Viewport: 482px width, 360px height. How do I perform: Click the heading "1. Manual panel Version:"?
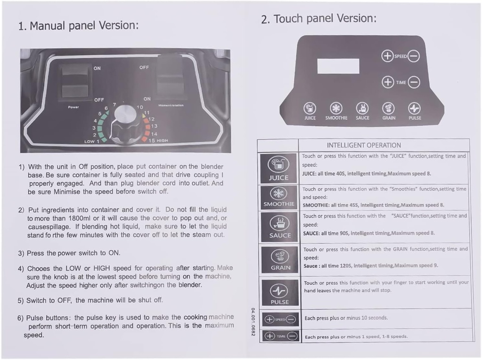click(79, 25)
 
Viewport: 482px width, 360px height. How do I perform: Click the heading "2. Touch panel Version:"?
click(319, 19)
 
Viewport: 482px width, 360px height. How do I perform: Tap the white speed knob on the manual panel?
click(125, 114)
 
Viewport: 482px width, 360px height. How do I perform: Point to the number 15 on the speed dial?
click(152, 141)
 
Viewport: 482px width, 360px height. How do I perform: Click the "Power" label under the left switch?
click(73, 107)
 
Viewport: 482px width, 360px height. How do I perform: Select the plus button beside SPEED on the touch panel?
click(387, 56)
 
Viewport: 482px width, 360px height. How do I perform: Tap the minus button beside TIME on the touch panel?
click(414, 82)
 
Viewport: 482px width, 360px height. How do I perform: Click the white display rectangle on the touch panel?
click(338, 66)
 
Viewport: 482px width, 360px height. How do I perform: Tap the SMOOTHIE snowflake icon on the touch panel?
click(336, 108)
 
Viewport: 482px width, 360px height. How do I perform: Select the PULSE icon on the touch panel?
click(414, 108)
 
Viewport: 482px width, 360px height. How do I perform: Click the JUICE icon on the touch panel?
click(310, 108)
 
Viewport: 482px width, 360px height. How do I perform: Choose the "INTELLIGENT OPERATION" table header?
click(364, 145)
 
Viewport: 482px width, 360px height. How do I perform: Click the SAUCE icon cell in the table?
click(280, 227)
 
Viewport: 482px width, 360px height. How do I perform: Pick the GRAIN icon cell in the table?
click(280, 259)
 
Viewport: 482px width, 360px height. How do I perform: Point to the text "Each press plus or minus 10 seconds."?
click(346, 318)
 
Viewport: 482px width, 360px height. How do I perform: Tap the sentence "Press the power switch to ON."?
click(73, 253)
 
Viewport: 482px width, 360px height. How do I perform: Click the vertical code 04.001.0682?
click(253, 322)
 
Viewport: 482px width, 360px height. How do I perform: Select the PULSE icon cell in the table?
click(280, 293)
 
